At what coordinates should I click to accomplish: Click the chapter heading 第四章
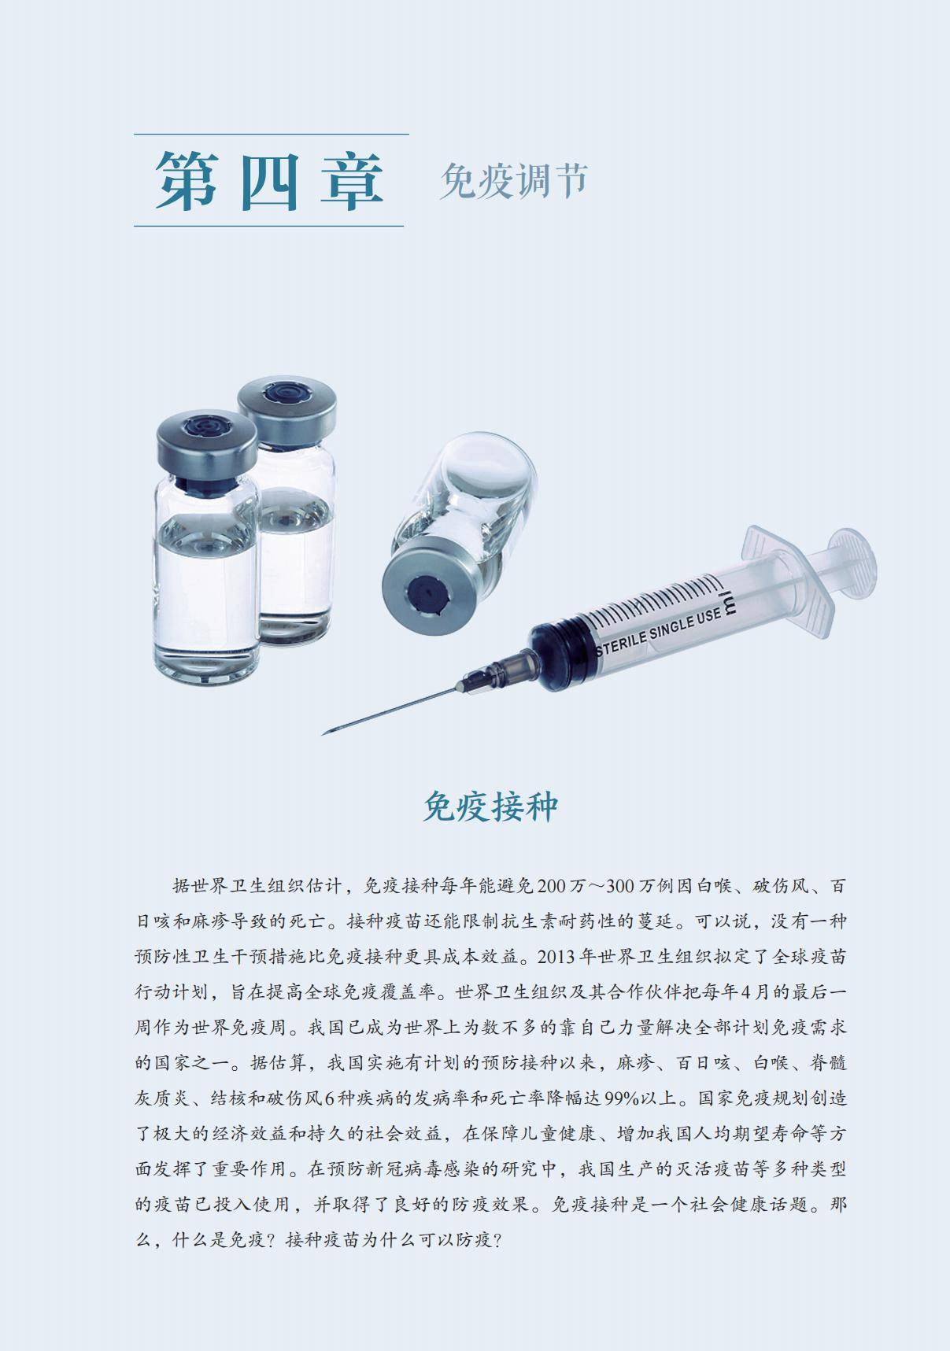[268, 180]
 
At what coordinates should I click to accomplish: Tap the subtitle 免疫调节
[514, 180]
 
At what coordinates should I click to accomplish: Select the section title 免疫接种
[490, 807]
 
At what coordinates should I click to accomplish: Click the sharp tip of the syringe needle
[323, 734]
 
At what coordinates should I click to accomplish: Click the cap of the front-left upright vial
[206, 445]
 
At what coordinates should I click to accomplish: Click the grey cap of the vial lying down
[431, 588]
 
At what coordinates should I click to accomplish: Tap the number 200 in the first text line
[551, 885]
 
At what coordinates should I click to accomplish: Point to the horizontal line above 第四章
[272, 135]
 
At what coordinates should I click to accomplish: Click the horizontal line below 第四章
[268, 227]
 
